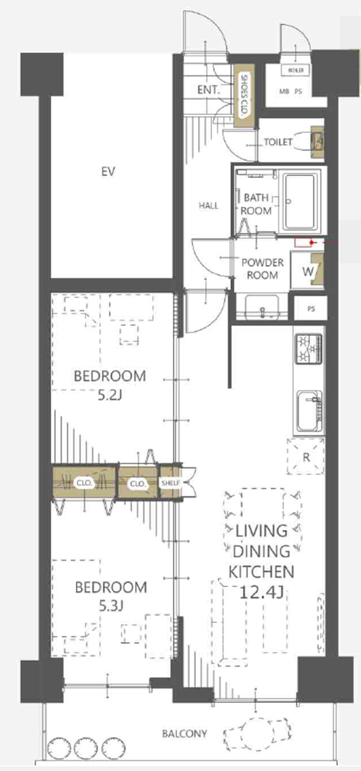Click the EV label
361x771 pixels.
pos(108,171)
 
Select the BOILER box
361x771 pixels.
pos(296,70)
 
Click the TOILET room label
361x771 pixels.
pos(278,142)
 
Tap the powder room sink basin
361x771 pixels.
pos(262,306)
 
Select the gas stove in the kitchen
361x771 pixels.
pos(309,349)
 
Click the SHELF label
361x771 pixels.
pos(170,483)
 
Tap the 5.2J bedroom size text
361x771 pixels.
pos(110,396)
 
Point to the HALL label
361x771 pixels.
pos(209,206)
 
